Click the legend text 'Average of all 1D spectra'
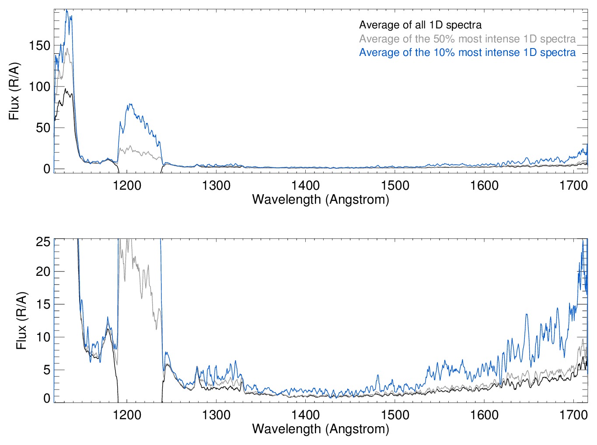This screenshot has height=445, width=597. [420, 25]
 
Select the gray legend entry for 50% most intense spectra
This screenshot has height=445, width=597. [467, 39]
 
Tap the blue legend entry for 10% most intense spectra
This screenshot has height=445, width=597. [467, 52]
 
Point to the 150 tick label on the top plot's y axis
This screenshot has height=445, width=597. [39, 45]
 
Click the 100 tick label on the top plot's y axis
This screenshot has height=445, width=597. [39, 87]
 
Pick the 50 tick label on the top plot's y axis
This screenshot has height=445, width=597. [43, 128]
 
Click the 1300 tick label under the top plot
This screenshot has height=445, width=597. [216, 185]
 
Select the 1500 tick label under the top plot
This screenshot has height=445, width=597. [395, 185]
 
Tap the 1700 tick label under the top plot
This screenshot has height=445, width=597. [573, 185]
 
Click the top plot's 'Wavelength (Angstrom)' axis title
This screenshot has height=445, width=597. [321, 200]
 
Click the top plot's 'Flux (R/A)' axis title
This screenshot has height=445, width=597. [14, 91]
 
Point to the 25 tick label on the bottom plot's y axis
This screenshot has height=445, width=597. [43, 242]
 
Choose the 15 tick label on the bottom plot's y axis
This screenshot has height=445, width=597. [43, 305]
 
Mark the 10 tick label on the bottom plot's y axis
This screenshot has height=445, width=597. [43, 337]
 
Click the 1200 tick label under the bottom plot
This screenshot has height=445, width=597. [127, 414]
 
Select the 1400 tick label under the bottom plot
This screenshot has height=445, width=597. [306, 414]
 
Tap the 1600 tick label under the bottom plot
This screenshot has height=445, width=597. [484, 414]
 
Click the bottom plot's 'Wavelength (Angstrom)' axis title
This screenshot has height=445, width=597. [321, 429]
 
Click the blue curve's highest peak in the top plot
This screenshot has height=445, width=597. [67, 10]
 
